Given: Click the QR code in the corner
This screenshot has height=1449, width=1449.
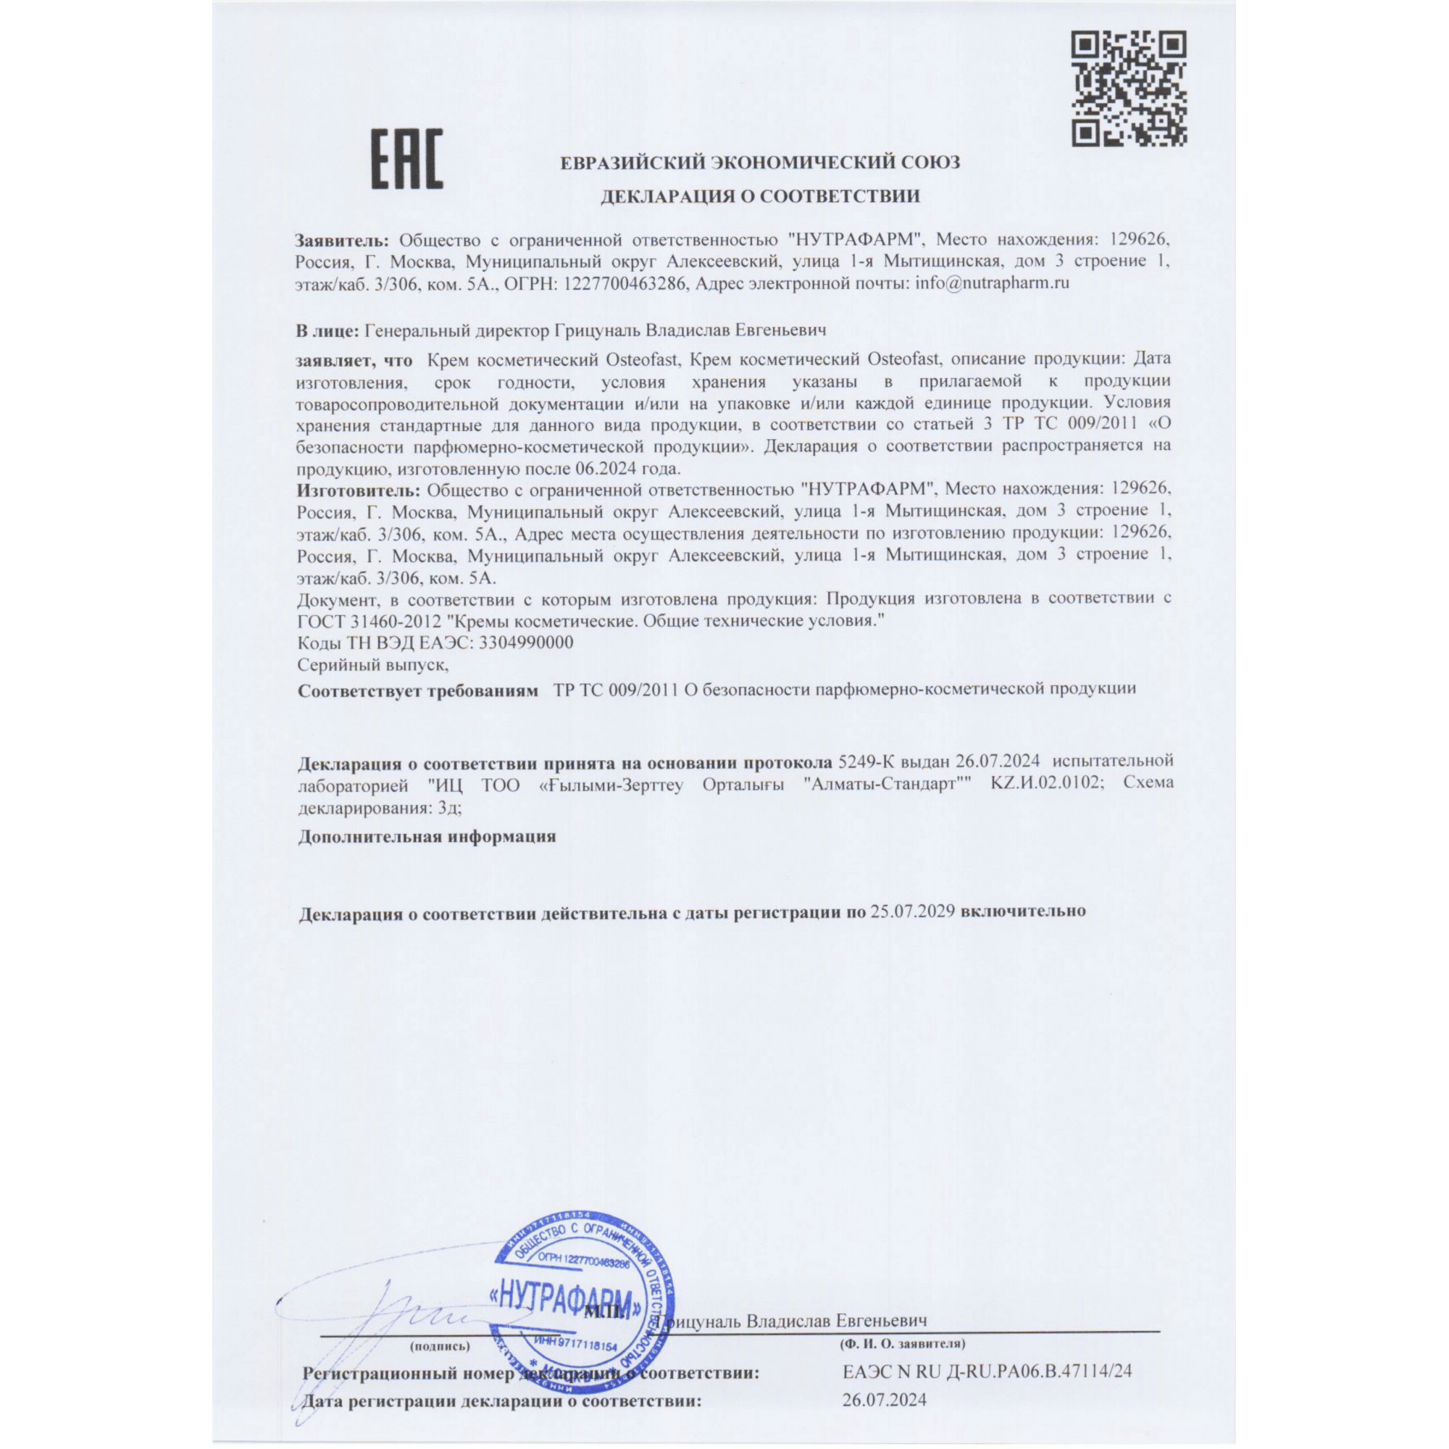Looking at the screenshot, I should click(x=1129, y=88).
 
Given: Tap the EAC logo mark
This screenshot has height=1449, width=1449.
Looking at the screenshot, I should click(x=408, y=159).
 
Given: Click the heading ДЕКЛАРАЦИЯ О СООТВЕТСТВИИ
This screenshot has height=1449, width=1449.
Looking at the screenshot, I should click(x=760, y=196).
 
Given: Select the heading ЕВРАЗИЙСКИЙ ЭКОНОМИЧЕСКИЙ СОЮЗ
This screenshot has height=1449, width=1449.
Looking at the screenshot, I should click(x=760, y=162).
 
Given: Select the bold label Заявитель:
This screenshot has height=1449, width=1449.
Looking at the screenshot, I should click(x=342, y=240).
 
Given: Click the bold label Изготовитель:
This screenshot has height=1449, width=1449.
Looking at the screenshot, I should click(x=359, y=490).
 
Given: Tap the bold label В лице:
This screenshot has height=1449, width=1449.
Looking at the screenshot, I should click(x=327, y=330).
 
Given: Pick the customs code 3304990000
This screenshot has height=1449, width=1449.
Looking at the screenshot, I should click(x=525, y=643).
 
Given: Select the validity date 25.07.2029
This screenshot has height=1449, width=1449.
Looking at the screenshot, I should click(x=912, y=912).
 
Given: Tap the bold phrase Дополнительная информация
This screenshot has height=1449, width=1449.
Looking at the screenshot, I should click(x=427, y=836).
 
